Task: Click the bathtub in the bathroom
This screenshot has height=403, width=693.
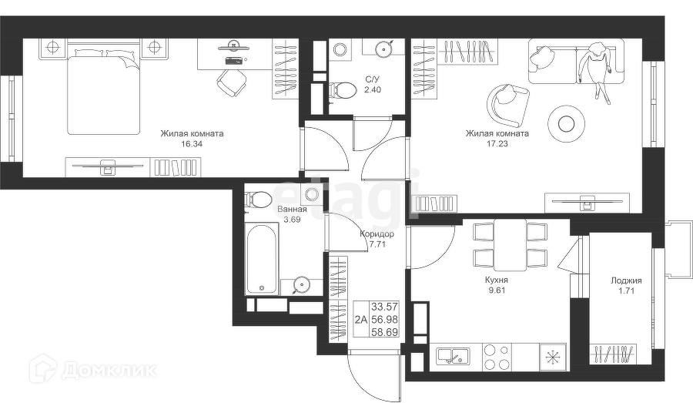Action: click(x=261, y=254)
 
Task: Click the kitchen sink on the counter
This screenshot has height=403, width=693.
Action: click(x=449, y=355)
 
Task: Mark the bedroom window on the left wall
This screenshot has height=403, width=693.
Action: click(x=9, y=119)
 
